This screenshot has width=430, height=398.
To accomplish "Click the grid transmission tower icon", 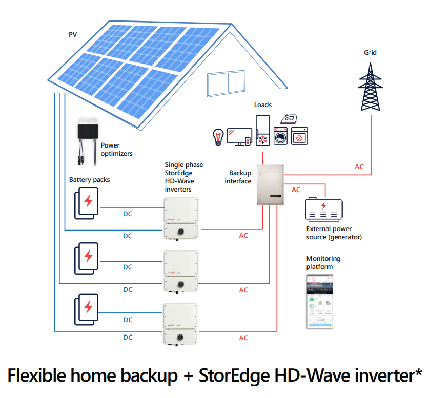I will pyautogui.click(x=370, y=85).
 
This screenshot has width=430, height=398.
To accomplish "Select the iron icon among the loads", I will pyautogui.click(x=288, y=119).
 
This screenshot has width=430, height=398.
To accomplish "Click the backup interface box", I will pyautogui.click(x=269, y=184).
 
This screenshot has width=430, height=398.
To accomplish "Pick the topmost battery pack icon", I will pyautogui.click(x=87, y=203).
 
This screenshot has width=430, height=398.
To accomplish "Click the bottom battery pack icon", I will pyautogui.click(x=87, y=308).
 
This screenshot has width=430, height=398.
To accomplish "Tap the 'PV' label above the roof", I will pyautogui.click(x=73, y=34).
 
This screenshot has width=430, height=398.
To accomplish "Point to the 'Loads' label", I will pyautogui.click(x=263, y=105).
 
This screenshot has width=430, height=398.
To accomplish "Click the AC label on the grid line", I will pyautogui.click(x=360, y=167).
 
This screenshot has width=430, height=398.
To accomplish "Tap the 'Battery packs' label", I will pyautogui.click(x=90, y=180).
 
